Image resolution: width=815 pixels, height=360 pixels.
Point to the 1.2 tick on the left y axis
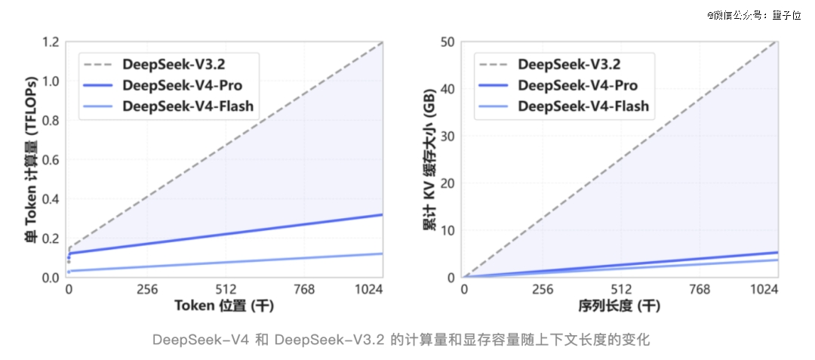tap(51, 42)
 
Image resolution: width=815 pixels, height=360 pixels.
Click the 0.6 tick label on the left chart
tap(51, 160)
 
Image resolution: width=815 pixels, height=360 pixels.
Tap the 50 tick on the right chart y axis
tap(447, 42)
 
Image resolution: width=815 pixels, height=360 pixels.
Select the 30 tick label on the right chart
tap(447, 136)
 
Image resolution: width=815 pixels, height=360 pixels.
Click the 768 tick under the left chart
tap(304, 289)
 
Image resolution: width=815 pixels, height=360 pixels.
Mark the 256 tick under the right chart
tap(543, 289)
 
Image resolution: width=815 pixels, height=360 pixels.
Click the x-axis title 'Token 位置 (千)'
tap(224, 306)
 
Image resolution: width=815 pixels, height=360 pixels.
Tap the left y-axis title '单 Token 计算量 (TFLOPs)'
tap(31, 160)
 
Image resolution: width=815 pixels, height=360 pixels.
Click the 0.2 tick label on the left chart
tap(51, 238)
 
